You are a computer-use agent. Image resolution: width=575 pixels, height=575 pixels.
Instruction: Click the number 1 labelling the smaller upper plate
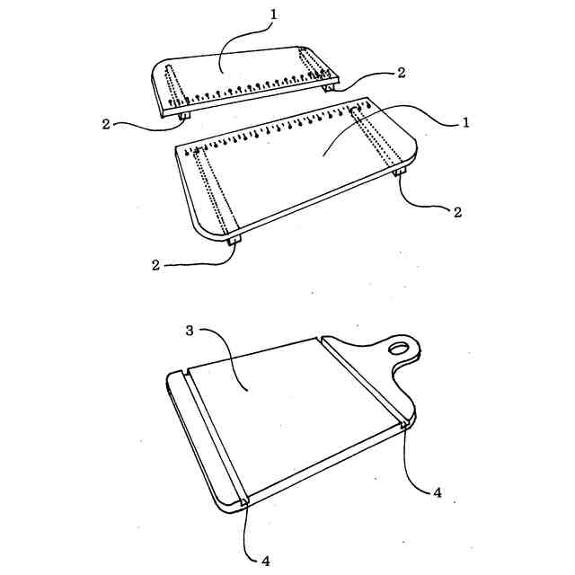click(x=273, y=14)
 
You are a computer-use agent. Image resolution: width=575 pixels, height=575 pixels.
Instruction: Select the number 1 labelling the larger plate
click(x=465, y=122)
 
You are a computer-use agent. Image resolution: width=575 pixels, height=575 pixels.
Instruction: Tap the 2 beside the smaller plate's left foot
click(x=106, y=124)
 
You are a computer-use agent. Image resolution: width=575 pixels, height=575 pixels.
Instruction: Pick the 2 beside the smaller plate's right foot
click(x=402, y=73)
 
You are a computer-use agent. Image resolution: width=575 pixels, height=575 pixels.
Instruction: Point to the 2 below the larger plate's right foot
click(x=457, y=212)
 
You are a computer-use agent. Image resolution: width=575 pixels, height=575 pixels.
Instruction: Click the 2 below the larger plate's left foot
click(x=155, y=265)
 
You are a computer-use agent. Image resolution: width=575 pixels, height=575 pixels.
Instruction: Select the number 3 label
click(x=190, y=331)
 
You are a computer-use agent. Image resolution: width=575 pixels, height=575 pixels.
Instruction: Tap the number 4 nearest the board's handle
click(x=438, y=492)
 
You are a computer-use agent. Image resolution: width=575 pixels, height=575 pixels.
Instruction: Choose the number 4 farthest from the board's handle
click(x=266, y=561)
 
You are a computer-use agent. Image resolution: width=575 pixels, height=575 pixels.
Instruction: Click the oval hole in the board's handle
click(x=399, y=348)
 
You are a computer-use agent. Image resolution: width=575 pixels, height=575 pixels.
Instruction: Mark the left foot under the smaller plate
click(x=184, y=116)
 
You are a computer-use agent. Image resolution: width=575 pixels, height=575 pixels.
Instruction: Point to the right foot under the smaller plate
click(x=329, y=88)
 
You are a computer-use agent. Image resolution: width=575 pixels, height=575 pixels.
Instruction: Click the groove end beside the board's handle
click(x=405, y=425)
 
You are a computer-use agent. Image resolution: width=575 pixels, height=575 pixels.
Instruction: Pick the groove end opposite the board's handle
click(x=244, y=503)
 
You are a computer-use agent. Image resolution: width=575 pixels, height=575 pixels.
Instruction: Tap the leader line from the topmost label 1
click(x=242, y=40)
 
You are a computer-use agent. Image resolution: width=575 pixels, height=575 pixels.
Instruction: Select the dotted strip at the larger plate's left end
click(x=215, y=190)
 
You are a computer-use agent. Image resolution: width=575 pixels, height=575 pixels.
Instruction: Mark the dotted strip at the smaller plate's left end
click(x=174, y=88)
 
